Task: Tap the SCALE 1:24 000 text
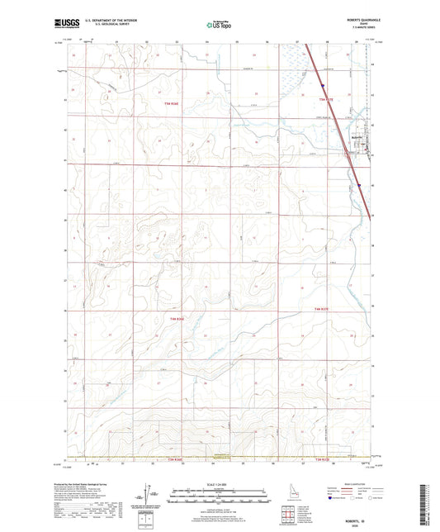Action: pyautogui.click(x=219, y=483)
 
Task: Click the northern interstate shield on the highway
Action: pyautogui.click(x=324, y=83)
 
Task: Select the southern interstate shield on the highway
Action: pyautogui.click(x=359, y=185)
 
